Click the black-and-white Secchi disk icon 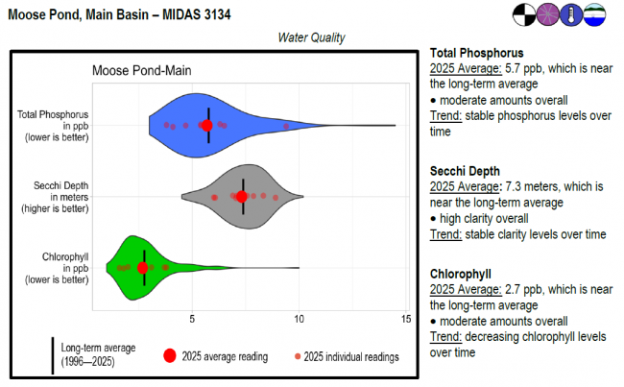pyautogui.click(x=526, y=14)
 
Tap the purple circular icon pyautogui.click(x=550, y=14)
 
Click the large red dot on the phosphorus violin pyautogui.click(x=207, y=125)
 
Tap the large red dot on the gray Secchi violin pyautogui.click(x=242, y=197)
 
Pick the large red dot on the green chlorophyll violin pyautogui.click(x=143, y=268)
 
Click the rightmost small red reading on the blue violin pyautogui.click(x=286, y=126)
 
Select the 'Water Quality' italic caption pyautogui.click(x=311, y=37)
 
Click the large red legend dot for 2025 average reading pyautogui.click(x=169, y=355)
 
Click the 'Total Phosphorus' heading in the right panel pyautogui.click(x=476, y=53)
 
